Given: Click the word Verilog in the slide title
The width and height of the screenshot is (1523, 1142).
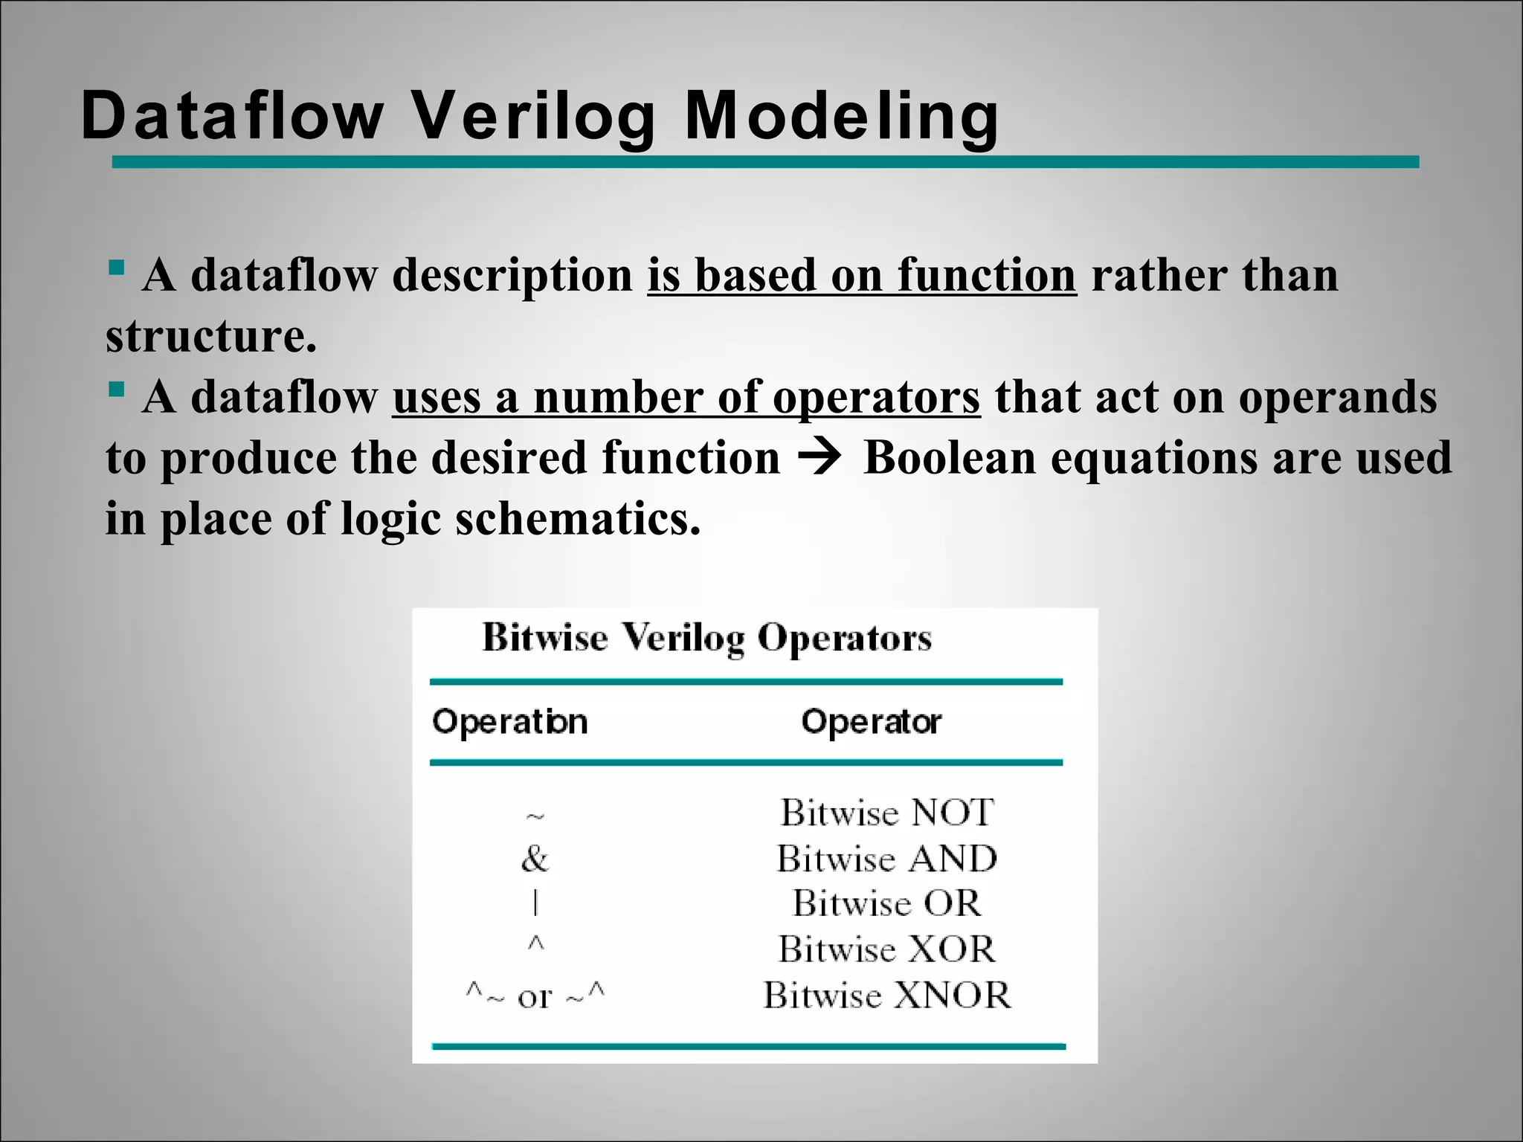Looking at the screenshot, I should [x=535, y=116].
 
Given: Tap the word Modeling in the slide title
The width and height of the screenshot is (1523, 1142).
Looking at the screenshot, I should [x=841, y=116].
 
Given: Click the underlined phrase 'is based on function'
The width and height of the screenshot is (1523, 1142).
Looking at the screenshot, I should [x=861, y=275].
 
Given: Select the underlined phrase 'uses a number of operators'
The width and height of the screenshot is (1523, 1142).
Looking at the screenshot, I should [x=686, y=397].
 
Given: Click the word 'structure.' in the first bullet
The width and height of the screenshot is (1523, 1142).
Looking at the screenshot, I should [x=211, y=335].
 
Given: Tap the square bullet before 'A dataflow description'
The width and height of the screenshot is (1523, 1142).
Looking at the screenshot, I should [x=115, y=266].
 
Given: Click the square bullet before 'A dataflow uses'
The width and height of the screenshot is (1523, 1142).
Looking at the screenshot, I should [x=115, y=388].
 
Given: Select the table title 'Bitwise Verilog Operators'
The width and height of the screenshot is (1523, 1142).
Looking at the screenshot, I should [x=706, y=638].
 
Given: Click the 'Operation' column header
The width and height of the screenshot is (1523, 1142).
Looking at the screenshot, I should [x=510, y=722].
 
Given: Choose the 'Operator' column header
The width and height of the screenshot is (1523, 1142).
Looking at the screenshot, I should [x=871, y=722].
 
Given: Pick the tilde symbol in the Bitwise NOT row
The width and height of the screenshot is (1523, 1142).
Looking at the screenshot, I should [x=535, y=817].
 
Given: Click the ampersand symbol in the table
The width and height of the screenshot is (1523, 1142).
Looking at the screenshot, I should [x=535, y=859].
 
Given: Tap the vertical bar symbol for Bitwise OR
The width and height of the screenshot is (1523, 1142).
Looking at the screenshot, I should [x=535, y=903].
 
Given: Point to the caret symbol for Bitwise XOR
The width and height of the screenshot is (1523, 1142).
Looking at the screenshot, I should [x=535, y=944].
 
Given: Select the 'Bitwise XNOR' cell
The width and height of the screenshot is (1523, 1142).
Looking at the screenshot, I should [x=887, y=995].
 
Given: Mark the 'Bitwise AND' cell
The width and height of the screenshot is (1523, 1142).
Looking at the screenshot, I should [x=887, y=859].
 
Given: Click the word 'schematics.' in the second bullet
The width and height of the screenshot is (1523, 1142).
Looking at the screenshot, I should [x=578, y=518].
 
